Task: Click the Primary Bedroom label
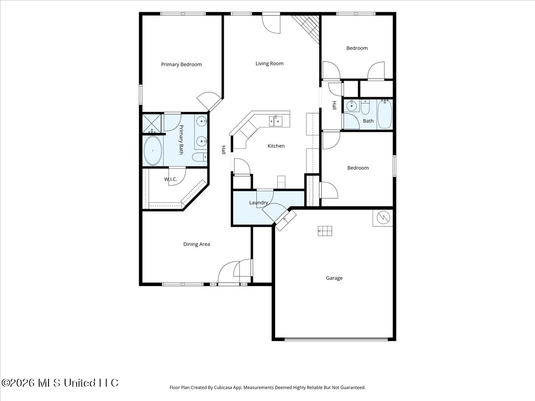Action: click(x=181, y=65)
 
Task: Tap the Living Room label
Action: click(x=269, y=64)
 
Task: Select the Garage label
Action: click(x=334, y=278)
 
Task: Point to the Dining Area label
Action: click(x=197, y=244)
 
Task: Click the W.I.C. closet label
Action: click(x=171, y=180)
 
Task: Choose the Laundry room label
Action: click(x=259, y=203)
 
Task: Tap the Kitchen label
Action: click(x=276, y=146)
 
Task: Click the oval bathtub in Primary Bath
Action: click(x=153, y=151)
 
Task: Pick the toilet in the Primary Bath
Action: click(x=199, y=157)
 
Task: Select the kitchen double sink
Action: click(x=276, y=121)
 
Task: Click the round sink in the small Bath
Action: click(x=351, y=106)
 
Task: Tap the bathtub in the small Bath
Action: click(x=385, y=114)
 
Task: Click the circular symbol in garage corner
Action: click(x=383, y=217)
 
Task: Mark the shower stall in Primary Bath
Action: click(x=152, y=124)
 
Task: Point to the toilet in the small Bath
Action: click(x=365, y=107)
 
